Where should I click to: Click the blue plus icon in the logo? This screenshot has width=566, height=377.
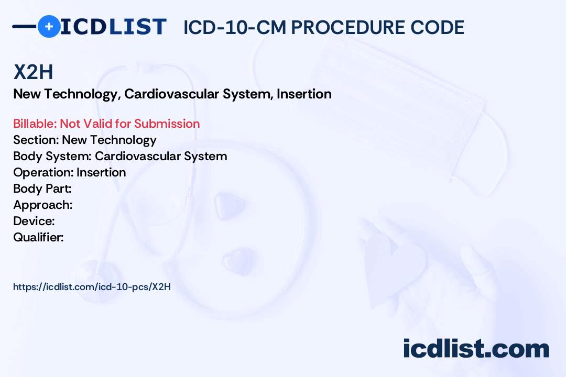49,26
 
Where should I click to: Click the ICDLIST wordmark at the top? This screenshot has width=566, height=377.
113,26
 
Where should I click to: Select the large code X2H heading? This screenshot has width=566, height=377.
33,73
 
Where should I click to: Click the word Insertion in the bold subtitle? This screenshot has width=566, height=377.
304,94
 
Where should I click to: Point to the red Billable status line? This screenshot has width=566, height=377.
106,124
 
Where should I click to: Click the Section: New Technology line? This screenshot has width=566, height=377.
85,140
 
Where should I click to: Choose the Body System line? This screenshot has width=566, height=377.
120,156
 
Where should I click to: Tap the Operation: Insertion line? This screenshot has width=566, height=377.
70,172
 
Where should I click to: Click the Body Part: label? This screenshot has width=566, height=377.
42,188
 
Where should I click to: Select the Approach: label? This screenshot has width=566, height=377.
43,205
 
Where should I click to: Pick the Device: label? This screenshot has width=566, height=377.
34,221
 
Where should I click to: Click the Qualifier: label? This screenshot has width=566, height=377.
38,237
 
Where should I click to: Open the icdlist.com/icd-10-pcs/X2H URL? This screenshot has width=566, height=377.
92,286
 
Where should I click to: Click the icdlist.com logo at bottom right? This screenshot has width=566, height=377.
476,349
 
